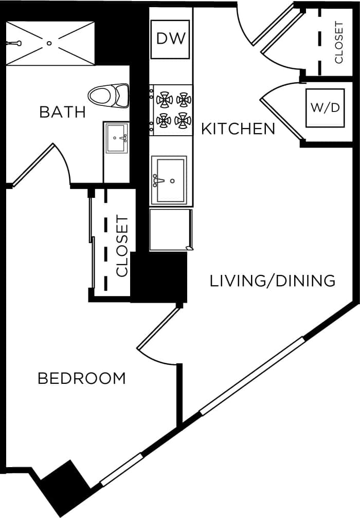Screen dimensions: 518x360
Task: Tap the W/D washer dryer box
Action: click(x=325, y=108)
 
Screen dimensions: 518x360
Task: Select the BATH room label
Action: click(x=62, y=112)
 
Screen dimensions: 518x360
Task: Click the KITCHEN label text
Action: click(x=238, y=128)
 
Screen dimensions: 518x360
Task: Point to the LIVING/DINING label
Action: click(x=273, y=281)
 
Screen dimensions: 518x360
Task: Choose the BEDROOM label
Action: click(x=82, y=379)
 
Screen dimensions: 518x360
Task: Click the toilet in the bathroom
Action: click(x=109, y=95)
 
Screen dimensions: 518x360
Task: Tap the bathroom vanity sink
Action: click(x=117, y=138)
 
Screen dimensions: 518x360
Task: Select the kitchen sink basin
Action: click(x=170, y=180)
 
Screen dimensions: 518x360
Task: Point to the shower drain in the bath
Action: click(x=50, y=43)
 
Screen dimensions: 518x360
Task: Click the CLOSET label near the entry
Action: click(x=339, y=42)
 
